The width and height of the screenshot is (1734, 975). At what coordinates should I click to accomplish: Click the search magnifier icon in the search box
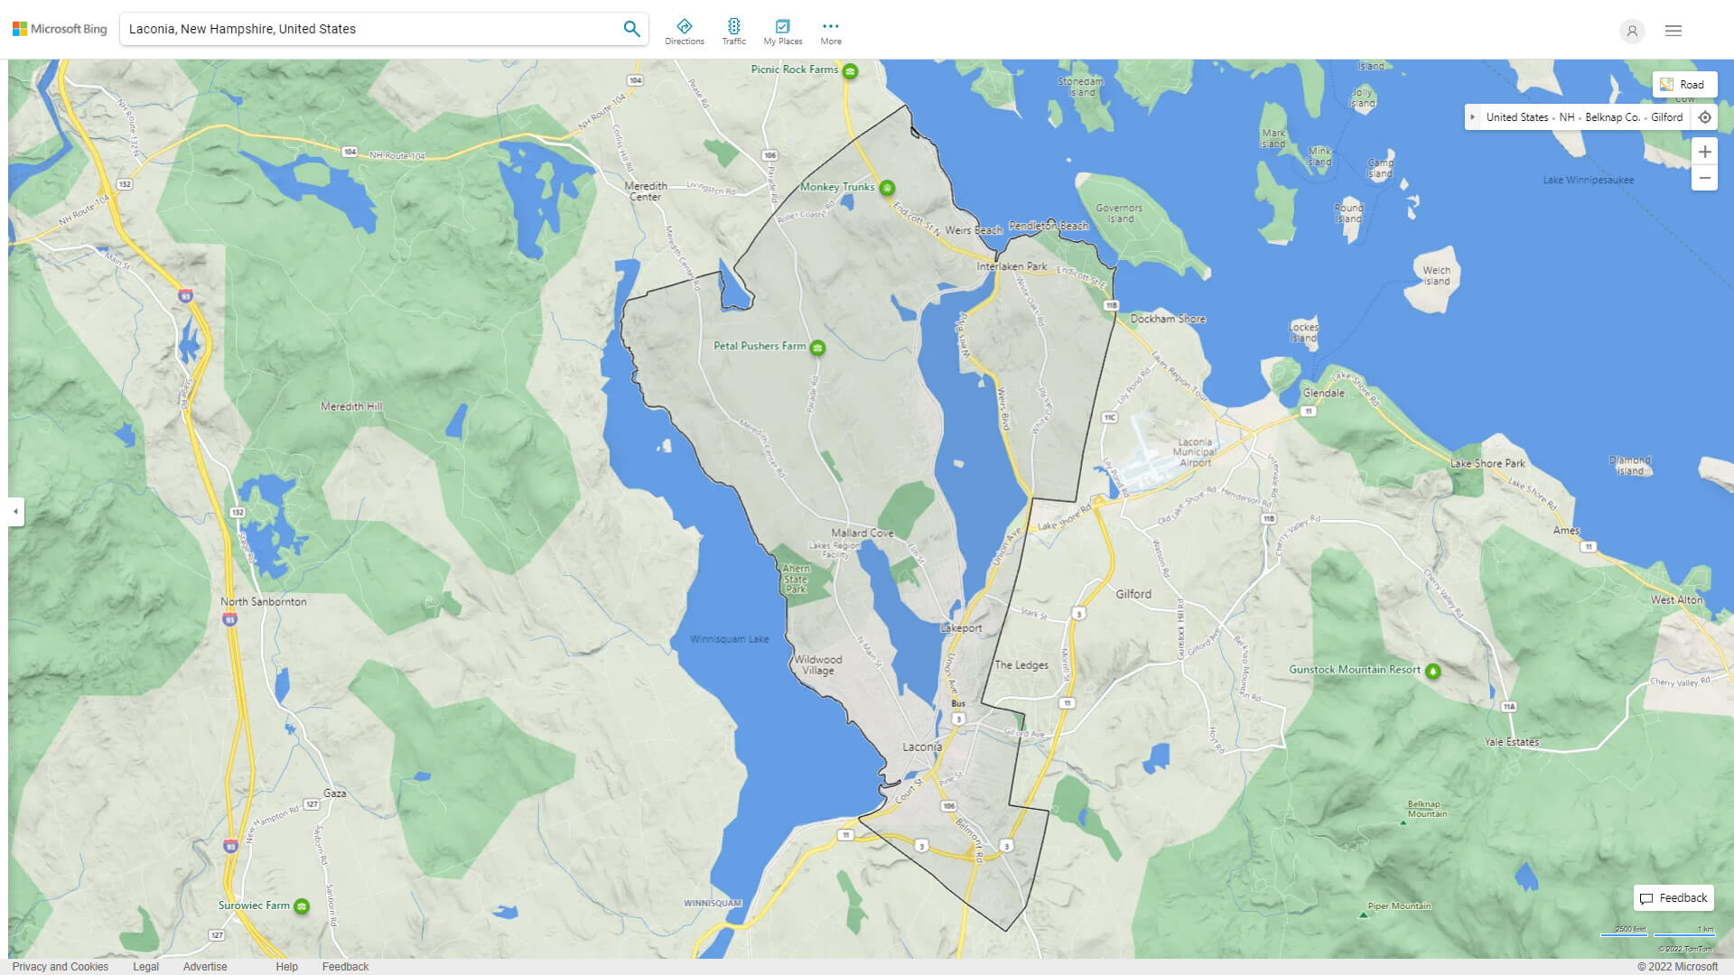tap(631, 29)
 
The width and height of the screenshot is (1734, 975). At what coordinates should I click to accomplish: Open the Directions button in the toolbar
tap(684, 32)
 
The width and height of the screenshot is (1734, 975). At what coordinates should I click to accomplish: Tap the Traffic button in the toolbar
tap(733, 32)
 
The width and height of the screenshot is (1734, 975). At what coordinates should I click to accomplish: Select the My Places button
tap(782, 32)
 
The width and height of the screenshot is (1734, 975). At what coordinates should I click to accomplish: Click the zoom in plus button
tap(1704, 152)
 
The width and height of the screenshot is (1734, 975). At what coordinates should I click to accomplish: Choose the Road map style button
tap(1683, 85)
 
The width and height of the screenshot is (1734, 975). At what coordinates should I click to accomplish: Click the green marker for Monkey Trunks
tap(887, 188)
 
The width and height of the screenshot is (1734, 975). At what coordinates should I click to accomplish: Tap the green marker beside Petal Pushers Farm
tap(817, 348)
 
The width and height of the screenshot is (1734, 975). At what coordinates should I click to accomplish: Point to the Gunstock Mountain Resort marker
tap(1432, 671)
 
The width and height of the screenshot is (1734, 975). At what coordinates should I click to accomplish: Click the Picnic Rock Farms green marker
tap(850, 70)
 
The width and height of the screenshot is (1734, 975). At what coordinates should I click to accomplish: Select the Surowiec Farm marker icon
tap(302, 906)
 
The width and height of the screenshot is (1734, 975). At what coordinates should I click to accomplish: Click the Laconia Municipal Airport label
tap(1194, 452)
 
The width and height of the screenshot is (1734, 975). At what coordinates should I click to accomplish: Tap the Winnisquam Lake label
tap(729, 639)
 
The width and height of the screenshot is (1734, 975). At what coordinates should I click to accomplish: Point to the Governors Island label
tap(1119, 213)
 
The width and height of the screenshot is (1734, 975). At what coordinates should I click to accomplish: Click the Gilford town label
tap(1133, 594)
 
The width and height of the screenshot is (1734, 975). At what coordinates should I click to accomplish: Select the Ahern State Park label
tap(796, 579)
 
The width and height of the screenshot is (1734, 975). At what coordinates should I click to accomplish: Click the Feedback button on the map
tap(1673, 898)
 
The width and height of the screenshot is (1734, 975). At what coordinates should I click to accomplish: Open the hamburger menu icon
tap(1673, 31)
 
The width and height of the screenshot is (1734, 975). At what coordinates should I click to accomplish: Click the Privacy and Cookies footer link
tap(61, 967)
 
